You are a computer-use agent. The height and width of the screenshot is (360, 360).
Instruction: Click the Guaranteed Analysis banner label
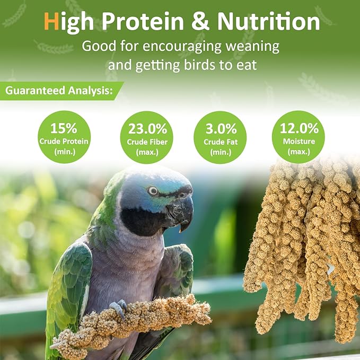(x=59, y=91)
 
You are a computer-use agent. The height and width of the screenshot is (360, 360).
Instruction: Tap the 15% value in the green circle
(x=64, y=128)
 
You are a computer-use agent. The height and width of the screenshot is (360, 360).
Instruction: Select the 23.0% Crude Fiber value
(x=147, y=129)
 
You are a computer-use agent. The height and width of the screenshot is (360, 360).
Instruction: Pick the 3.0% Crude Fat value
(x=220, y=129)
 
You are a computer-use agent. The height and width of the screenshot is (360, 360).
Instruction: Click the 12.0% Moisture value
(x=299, y=128)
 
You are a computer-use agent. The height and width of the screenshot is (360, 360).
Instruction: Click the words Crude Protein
(x=64, y=141)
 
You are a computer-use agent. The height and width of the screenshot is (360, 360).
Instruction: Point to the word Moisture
(x=299, y=142)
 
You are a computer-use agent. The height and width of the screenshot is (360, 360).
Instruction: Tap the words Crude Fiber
(x=147, y=142)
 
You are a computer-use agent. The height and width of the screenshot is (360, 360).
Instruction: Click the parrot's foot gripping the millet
(x=120, y=309)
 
